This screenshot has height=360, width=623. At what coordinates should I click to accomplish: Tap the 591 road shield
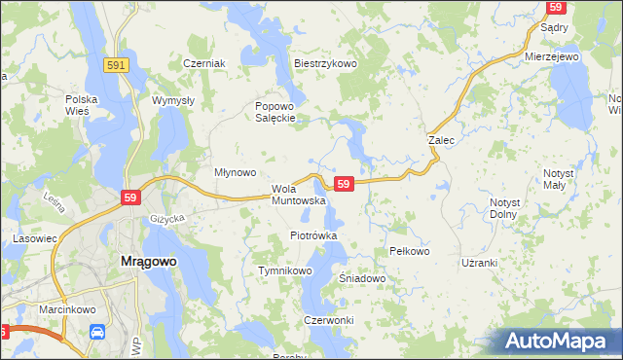click(116, 63)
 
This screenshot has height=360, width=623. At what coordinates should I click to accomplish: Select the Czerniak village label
click(204, 63)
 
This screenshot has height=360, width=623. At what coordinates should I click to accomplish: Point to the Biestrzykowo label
click(326, 63)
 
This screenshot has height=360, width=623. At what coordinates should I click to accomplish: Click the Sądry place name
click(554, 28)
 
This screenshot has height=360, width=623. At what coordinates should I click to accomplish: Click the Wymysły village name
click(174, 100)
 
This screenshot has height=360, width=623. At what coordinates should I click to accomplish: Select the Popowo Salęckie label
click(275, 112)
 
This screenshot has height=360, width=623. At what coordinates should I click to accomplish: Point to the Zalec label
click(442, 140)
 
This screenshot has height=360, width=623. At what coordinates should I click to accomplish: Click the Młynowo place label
click(235, 172)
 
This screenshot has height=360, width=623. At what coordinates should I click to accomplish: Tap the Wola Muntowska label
click(298, 195)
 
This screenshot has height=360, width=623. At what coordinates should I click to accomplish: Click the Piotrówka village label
click(313, 235)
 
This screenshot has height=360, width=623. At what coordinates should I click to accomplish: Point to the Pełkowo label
click(409, 251)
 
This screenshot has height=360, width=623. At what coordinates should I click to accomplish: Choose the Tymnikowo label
click(283, 270)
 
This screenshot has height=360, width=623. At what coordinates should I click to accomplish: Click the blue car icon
click(97, 333)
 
